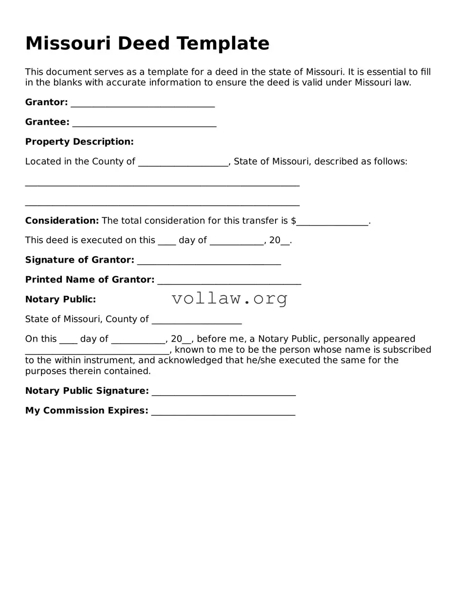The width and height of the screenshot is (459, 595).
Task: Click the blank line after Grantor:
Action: click(x=143, y=104)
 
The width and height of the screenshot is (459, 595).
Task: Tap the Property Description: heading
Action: click(x=79, y=142)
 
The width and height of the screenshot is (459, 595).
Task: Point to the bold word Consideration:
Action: click(x=62, y=221)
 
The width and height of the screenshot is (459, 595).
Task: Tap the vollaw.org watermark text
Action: click(x=230, y=298)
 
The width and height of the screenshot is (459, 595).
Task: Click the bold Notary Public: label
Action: click(x=60, y=300)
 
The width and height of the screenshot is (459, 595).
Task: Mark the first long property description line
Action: click(x=162, y=184)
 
